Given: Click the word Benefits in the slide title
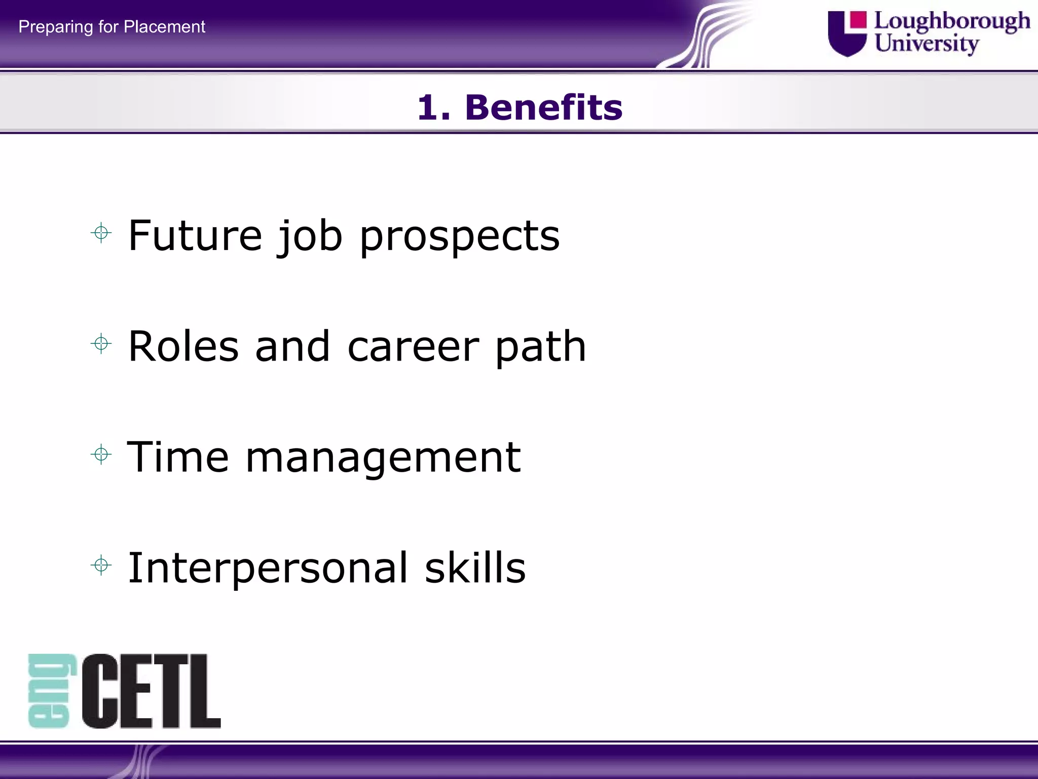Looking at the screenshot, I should (x=543, y=108).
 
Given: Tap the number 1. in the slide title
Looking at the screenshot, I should (x=434, y=108).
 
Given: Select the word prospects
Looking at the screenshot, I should (x=459, y=237).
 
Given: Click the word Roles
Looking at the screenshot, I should (x=183, y=346).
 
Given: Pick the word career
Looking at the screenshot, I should (x=413, y=347).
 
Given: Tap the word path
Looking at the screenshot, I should (x=540, y=347).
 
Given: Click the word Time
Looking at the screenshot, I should (x=177, y=457).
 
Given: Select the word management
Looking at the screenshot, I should (x=383, y=458).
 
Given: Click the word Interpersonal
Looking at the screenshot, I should (x=268, y=569).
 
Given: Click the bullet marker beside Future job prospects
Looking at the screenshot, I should (x=101, y=233).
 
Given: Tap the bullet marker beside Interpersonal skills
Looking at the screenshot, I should (x=101, y=565).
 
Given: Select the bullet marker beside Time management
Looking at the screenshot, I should (x=101, y=454).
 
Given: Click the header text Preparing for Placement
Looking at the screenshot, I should (x=112, y=26).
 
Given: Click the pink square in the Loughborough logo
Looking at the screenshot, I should (x=858, y=20).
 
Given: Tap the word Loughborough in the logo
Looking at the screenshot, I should (x=952, y=21).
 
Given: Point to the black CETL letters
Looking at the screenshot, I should (x=151, y=691).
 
